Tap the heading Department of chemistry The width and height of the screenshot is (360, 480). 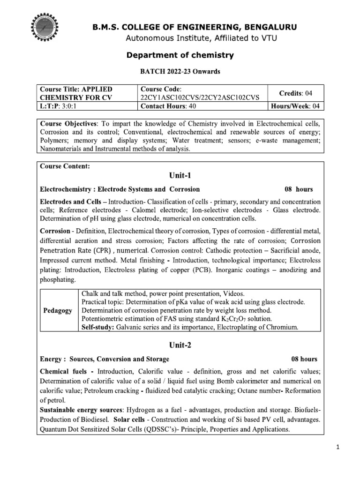point(180,55)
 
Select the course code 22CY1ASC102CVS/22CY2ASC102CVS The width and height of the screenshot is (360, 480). point(199,97)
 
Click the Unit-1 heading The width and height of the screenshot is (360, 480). point(180,176)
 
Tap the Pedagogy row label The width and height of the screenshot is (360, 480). point(58,310)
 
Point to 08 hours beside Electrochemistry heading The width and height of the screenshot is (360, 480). point(299,189)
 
